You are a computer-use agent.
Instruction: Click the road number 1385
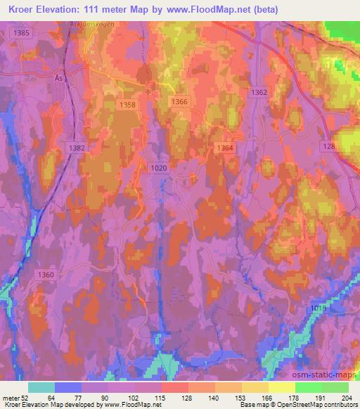[x=22, y=33]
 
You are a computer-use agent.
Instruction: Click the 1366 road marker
[x=179, y=102]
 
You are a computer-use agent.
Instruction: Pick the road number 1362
[x=259, y=93]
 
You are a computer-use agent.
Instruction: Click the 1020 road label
[x=159, y=167]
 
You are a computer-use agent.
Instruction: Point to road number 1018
[x=319, y=309]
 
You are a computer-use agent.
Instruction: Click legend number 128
[x=188, y=397]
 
